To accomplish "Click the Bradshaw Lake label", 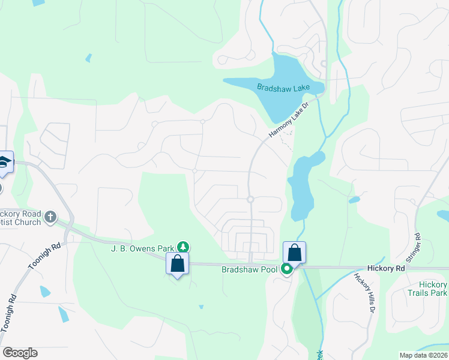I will point(283,88).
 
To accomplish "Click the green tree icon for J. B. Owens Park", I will point(184,247).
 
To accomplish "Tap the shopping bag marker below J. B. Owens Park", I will point(177,263).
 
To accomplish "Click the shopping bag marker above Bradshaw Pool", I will point(294,252).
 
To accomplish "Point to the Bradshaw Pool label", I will point(251,269).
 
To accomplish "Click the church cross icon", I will point(50,216).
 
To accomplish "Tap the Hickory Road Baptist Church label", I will point(22,217).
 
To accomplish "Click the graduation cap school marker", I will point(4,163).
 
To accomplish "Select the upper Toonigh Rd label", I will point(44,255).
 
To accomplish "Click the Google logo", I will point(20,353).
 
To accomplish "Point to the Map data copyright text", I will point(423,355).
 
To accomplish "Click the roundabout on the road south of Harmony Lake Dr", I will point(250,199).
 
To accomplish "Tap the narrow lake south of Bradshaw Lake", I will point(300,186).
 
